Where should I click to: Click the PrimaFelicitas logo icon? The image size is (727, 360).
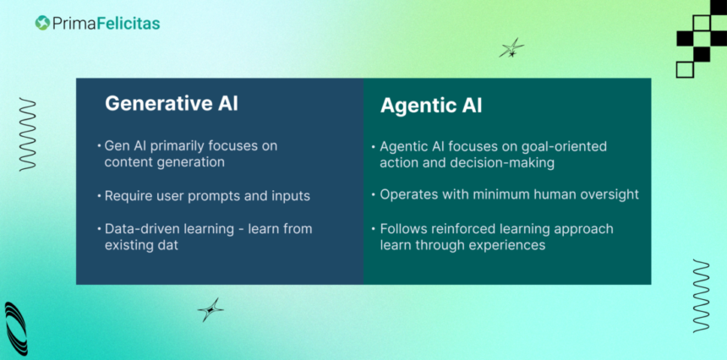tap(42, 23)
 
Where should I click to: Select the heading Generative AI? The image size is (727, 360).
tap(171, 103)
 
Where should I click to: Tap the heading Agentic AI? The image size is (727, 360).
tap(431, 106)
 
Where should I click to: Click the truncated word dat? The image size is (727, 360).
tap(168, 244)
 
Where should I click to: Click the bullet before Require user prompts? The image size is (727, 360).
tap(99, 196)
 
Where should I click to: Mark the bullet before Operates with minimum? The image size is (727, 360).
tap(374, 195)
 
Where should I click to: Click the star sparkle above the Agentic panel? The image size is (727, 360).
tap(511, 47)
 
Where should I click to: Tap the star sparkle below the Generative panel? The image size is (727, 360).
tap(210, 309)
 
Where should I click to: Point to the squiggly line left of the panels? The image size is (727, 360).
tap(27, 134)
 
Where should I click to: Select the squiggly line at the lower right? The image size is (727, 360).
tap(701, 296)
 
